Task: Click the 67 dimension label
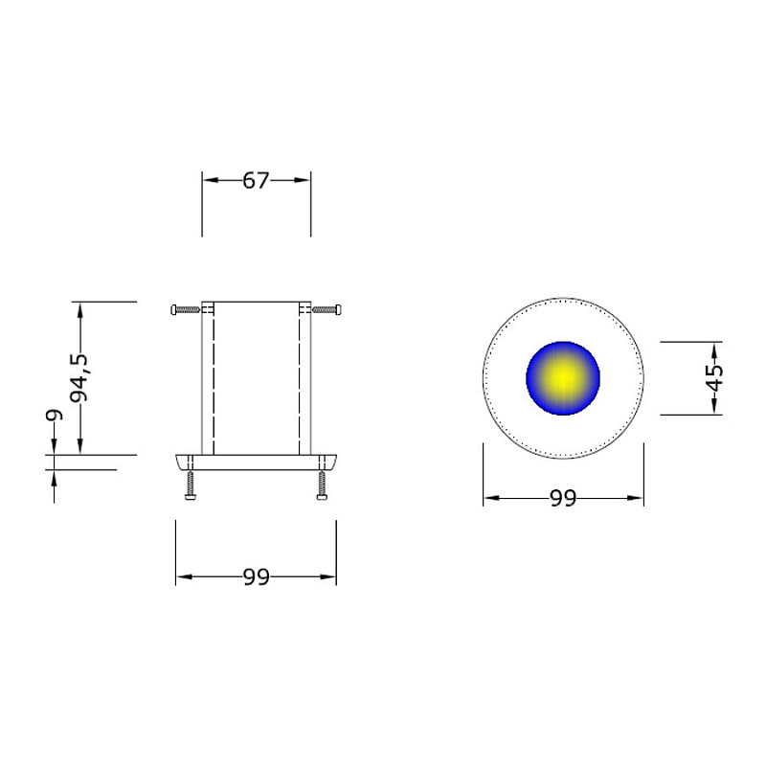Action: (256, 181)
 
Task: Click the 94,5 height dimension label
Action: (79, 377)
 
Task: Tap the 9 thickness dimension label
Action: (55, 415)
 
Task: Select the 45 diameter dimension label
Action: (714, 378)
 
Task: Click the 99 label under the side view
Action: (256, 577)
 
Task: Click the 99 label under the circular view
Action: (563, 498)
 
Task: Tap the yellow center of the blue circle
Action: (563, 377)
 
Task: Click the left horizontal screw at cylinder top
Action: (186, 309)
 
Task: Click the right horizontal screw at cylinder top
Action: (327, 309)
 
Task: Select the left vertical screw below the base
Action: (190, 485)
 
